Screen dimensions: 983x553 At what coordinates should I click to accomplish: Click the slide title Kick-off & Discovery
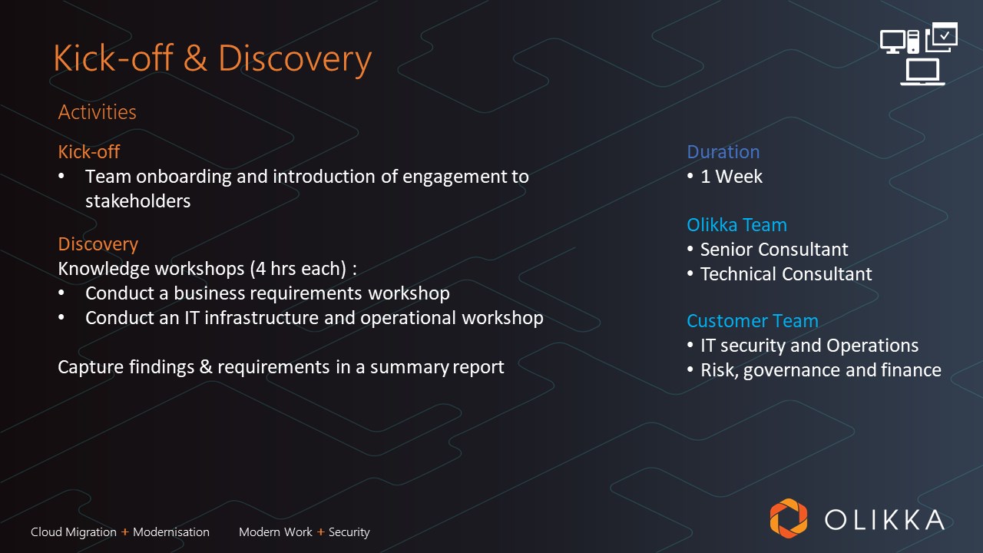click(213, 59)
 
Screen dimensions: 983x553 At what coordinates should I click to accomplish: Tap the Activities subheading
click(97, 112)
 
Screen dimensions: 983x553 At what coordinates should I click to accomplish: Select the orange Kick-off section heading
click(88, 152)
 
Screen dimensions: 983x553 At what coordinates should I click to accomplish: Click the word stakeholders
click(137, 201)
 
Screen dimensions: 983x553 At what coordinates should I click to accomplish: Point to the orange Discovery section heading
click(98, 244)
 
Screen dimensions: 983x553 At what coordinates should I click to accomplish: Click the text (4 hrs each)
click(299, 269)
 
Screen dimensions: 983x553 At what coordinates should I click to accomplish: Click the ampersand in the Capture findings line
click(206, 367)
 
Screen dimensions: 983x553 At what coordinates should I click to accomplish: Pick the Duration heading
click(723, 152)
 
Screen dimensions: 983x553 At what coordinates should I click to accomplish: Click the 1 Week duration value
click(731, 177)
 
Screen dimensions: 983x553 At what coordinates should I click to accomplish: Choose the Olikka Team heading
click(736, 225)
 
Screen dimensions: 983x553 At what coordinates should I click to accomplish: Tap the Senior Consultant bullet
click(774, 250)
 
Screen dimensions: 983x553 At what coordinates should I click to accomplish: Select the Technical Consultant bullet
click(786, 274)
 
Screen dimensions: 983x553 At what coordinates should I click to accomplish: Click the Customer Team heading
click(753, 321)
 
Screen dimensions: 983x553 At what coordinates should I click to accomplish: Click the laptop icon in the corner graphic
click(922, 72)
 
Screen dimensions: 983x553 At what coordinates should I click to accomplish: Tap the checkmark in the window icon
click(945, 35)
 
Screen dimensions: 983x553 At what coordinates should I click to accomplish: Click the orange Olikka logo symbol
click(789, 518)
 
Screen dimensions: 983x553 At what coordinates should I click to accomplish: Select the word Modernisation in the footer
click(171, 532)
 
